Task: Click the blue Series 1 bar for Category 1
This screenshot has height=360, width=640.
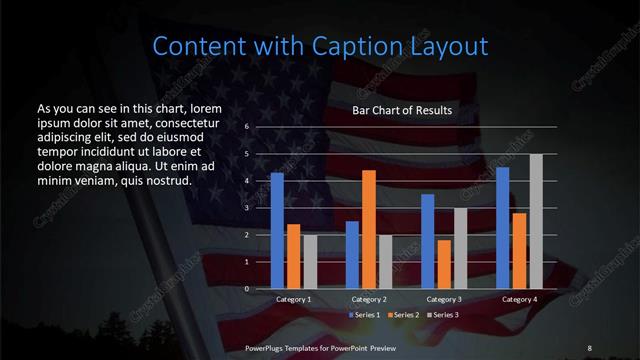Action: pyautogui.click(x=277, y=231)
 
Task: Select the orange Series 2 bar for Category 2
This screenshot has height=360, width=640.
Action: pyautogui.click(x=369, y=229)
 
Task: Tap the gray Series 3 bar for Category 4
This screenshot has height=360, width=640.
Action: pyautogui.click(x=536, y=221)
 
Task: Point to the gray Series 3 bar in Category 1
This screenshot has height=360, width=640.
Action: pyautogui.click(x=310, y=262)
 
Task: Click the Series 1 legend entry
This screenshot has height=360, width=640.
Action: pyautogui.click(x=363, y=315)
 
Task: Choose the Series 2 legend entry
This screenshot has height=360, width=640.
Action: pyautogui.click(x=403, y=315)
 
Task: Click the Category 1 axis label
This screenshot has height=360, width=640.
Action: pyautogui.click(x=294, y=299)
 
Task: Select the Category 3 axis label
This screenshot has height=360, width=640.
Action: pyautogui.click(x=444, y=299)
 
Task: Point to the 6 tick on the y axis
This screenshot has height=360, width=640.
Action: pyautogui.click(x=246, y=128)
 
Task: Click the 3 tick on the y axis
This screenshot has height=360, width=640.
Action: pyautogui.click(x=246, y=208)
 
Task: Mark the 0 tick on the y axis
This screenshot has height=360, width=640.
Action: pyautogui.click(x=246, y=288)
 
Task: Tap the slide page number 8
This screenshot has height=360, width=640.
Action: pyautogui.click(x=589, y=347)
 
